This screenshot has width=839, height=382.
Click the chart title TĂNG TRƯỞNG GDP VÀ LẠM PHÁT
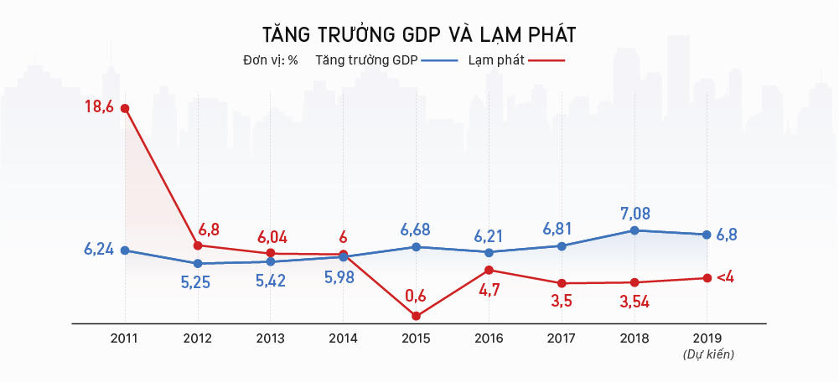click(419, 34)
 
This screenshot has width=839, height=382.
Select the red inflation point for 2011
click(125, 108)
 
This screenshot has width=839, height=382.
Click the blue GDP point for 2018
click(634, 230)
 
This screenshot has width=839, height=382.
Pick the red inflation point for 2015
click(416, 316)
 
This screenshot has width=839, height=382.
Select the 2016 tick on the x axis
click(489, 338)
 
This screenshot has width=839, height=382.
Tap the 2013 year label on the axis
click(270, 338)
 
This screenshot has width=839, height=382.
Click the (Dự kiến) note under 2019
click(708, 355)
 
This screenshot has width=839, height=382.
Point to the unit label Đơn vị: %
click(270, 60)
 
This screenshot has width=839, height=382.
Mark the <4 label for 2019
click(725, 277)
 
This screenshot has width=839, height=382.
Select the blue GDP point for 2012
click(198, 264)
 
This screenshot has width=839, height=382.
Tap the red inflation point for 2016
click(489, 270)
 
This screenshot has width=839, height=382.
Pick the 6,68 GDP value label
click(417, 229)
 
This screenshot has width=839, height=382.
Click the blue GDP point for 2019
click(707, 235)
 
